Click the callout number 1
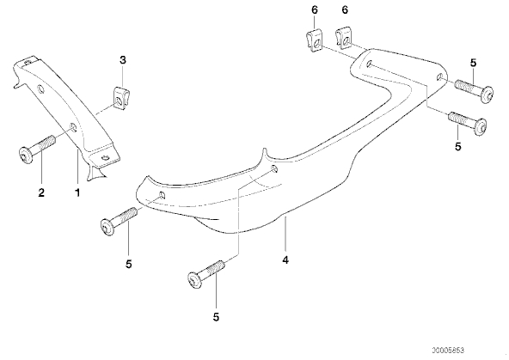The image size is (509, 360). click(x=77, y=192)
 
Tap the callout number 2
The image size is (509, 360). click(x=41, y=192)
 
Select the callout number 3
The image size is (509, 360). click(x=123, y=60)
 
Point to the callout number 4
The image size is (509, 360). click(x=285, y=259)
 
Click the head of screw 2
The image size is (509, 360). click(x=25, y=155)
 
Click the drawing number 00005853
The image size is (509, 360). click(x=448, y=351)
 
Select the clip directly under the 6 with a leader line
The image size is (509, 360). click(x=314, y=40)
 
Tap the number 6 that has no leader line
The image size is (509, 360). click(x=345, y=10)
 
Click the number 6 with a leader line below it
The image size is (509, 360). click(x=315, y=10)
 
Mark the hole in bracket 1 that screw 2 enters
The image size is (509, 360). click(x=74, y=127)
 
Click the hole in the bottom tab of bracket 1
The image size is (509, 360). click(x=105, y=158)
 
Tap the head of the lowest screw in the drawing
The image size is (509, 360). click(x=195, y=281)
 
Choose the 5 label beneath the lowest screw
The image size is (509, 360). click(x=216, y=317)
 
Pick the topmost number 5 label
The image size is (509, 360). click(x=473, y=63)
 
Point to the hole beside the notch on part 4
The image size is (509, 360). click(x=274, y=168)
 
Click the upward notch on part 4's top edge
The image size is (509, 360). click(x=265, y=154)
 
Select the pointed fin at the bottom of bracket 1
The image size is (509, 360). click(x=95, y=172)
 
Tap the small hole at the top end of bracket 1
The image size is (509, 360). click(x=28, y=61)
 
